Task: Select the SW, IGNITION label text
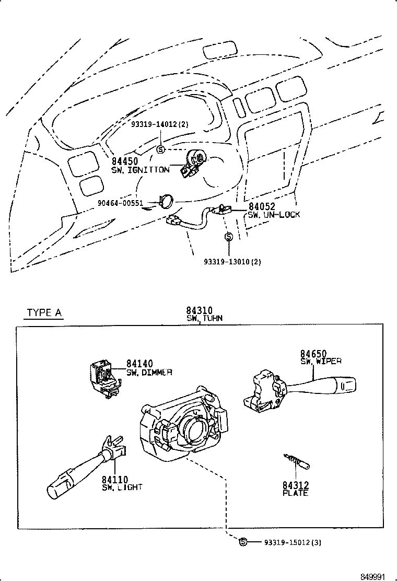tap(140, 170)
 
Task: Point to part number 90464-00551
tap(120, 203)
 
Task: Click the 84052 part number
tap(261, 207)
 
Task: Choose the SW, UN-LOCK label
tap(274, 215)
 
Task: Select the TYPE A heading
tap(44, 312)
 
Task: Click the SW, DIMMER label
tap(149, 373)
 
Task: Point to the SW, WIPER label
tap(321, 361)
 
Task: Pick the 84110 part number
tap(115, 480)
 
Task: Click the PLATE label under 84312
tap(295, 493)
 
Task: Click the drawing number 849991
tap(373, 576)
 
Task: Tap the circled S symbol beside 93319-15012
tap(242, 542)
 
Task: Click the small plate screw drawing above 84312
tap(297, 461)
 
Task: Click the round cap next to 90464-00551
tap(167, 201)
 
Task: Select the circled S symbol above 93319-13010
tap(228, 237)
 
